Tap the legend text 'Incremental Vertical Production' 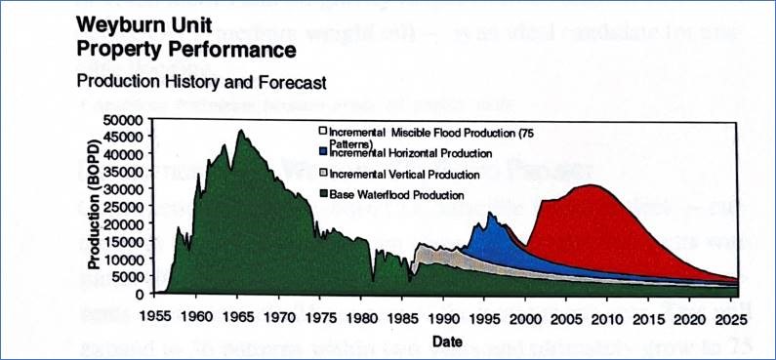click(x=404, y=174)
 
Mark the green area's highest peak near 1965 click(x=240, y=131)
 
